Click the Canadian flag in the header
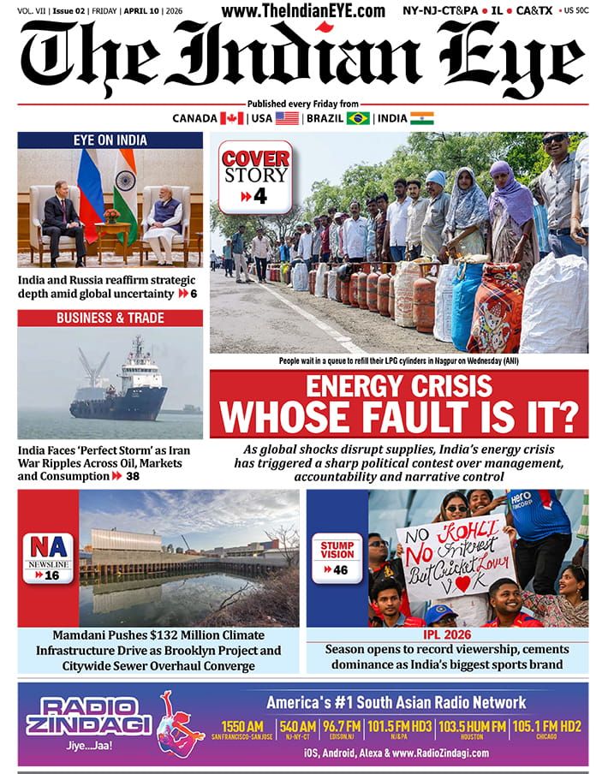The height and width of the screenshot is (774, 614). [231, 118]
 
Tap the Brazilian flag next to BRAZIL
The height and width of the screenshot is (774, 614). [357, 118]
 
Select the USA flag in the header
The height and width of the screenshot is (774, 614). [287, 118]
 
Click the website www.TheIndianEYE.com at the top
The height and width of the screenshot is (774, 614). [303, 10]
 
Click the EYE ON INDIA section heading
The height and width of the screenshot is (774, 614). [110, 140]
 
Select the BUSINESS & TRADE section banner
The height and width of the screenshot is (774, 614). [110, 318]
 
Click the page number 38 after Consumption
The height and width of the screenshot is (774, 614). [133, 476]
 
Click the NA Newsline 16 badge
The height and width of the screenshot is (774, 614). [47, 558]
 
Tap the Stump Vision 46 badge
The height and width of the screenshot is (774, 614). [337, 558]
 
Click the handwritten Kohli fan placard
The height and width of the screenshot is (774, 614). [454, 556]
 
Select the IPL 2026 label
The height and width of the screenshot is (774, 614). [448, 635]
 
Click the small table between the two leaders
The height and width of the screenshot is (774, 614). [111, 229]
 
